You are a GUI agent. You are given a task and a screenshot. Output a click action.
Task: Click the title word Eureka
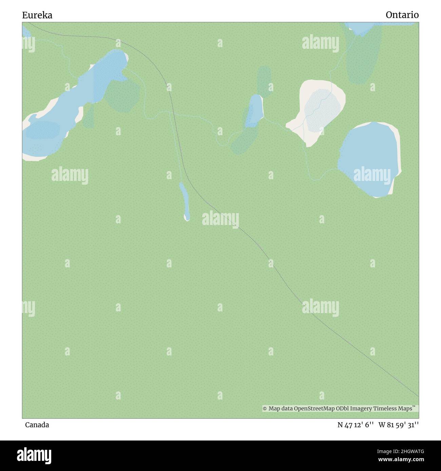pyautogui.click(x=37, y=15)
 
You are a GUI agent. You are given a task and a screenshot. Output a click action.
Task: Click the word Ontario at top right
pyautogui.click(x=402, y=15)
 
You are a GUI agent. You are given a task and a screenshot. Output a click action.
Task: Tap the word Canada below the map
pyautogui.click(x=37, y=425)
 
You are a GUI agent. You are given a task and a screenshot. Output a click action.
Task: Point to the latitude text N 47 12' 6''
pyautogui.click(x=356, y=425)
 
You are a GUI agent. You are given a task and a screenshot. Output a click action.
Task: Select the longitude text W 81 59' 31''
pyautogui.click(x=401, y=425)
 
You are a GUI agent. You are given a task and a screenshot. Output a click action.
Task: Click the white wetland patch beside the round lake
pyautogui.click(x=317, y=108)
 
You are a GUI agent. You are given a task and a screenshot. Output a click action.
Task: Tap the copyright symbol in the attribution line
pyautogui.click(x=265, y=409)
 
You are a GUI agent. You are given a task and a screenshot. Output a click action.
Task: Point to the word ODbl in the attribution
pyautogui.click(x=342, y=409)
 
